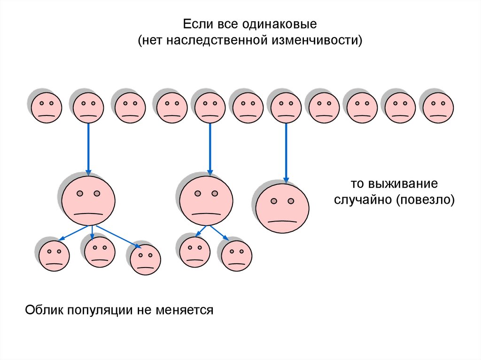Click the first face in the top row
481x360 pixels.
[x=47, y=107]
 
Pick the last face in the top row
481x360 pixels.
[x=438, y=107]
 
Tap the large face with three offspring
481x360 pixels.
[x=88, y=201]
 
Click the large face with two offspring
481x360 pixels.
[x=206, y=201]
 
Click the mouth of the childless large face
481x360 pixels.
[x=282, y=220]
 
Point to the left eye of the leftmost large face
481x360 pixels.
[x=80, y=193]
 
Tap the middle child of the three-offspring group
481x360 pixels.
[x=100, y=252]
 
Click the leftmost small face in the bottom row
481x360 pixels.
[x=54, y=256]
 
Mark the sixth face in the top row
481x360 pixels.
[x=248, y=107]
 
